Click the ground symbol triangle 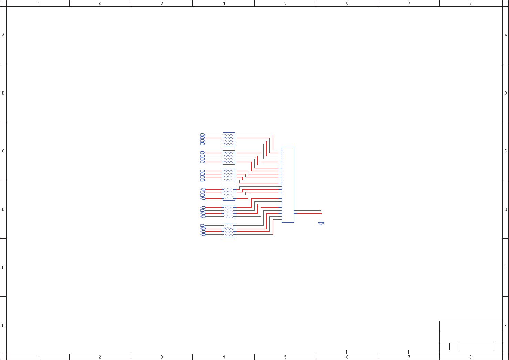point(321,224)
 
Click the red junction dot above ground point(321,213)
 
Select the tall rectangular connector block point(288,184)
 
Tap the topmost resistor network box point(229,139)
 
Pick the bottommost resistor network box point(229,230)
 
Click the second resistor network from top point(229,157)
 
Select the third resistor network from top point(229,176)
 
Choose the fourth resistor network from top point(229,194)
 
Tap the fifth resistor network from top point(229,212)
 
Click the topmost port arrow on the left point(203,135)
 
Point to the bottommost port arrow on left point(203,235)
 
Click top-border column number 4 point(224,3)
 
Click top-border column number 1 point(39,3)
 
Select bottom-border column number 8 point(470,357)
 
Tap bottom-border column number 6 point(347,357)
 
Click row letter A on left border point(3,35)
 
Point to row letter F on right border point(506,325)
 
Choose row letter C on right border point(506,151)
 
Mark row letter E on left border point(3,267)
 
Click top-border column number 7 point(409,3)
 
